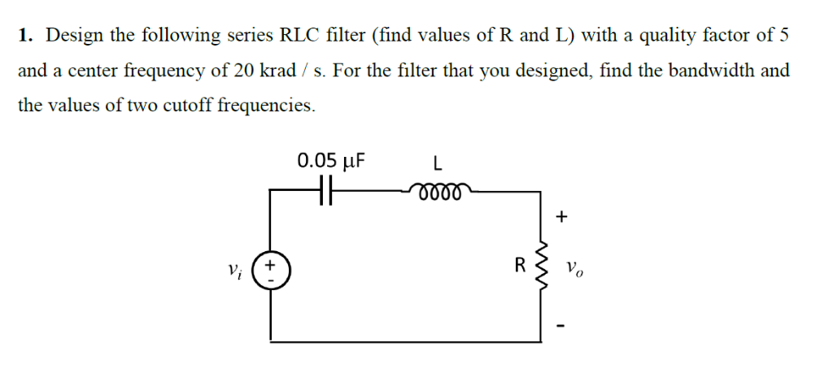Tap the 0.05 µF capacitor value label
[330, 159]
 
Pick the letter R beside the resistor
[518, 265]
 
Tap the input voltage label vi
[235, 268]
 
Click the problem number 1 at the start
[25, 36]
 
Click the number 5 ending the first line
[784, 36]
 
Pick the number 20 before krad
[244, 71]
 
